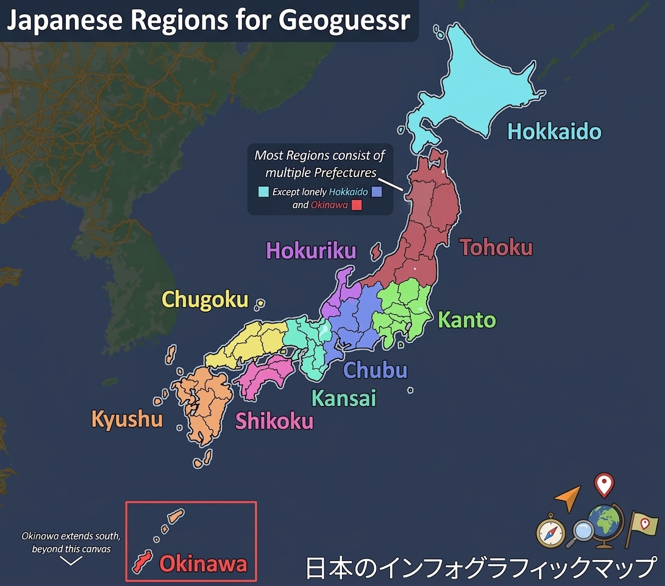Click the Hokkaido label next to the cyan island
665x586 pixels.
pos(554,131)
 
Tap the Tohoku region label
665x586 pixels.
pos(496,247)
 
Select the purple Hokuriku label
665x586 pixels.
pos(311,250)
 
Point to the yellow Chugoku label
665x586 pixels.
pos(205,300)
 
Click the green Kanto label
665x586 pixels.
pos(467,319)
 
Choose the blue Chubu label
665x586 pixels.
pos(375,369)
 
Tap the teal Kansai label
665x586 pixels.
pos(344,398)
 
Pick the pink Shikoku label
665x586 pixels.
pos(274,421)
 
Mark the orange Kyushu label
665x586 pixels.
pos(127,419)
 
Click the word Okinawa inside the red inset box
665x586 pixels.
pos(203,563)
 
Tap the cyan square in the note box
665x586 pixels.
pos(263,192)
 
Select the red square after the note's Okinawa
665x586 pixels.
pos(357,205)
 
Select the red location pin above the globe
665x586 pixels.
pos(603,485)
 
